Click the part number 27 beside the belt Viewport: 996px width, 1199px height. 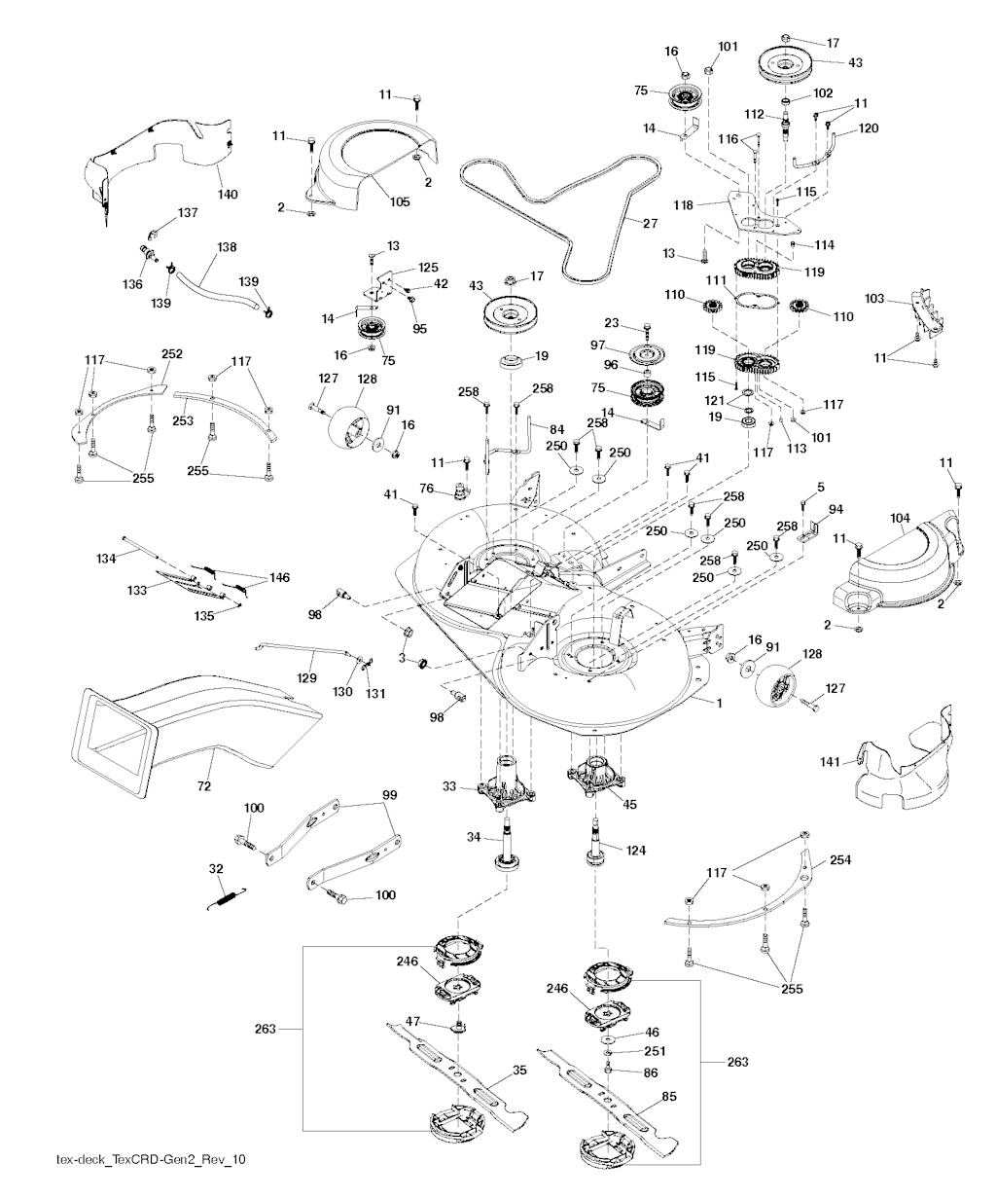coord(649,223)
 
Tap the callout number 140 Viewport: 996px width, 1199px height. coord(227,196)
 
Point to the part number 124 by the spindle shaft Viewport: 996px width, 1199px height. coord(635,851)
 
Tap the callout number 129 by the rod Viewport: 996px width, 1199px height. coord(308,678)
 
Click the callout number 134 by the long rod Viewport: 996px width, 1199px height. coord(107,558)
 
